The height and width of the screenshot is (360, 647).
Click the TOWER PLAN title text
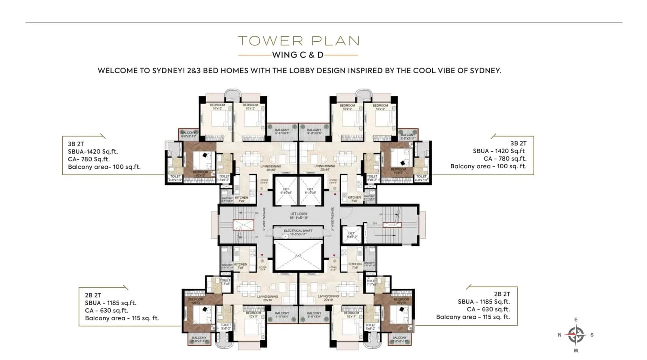(298, 41)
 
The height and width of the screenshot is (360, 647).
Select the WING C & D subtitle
(298, 55)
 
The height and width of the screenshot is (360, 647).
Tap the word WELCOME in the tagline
(118, 70)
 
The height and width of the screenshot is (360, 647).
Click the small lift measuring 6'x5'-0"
(351, 235)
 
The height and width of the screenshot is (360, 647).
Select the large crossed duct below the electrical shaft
(298, 255)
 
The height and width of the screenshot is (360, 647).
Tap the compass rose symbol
(576, 335)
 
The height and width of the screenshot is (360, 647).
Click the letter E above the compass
(576, 320)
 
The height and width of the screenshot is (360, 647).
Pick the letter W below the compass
(576, 351)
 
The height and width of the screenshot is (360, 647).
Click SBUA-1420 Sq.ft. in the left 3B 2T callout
(93, 152)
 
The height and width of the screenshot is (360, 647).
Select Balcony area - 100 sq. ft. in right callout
(488, 166)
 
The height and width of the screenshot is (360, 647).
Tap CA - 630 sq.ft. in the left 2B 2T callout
(106, 311)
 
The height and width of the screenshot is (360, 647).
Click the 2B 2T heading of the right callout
(502, 294)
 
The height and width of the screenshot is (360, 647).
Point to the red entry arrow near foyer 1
(262, 195)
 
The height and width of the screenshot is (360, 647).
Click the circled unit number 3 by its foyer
(335, 188)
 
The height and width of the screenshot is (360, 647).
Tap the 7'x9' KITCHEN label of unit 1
(241, 199)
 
